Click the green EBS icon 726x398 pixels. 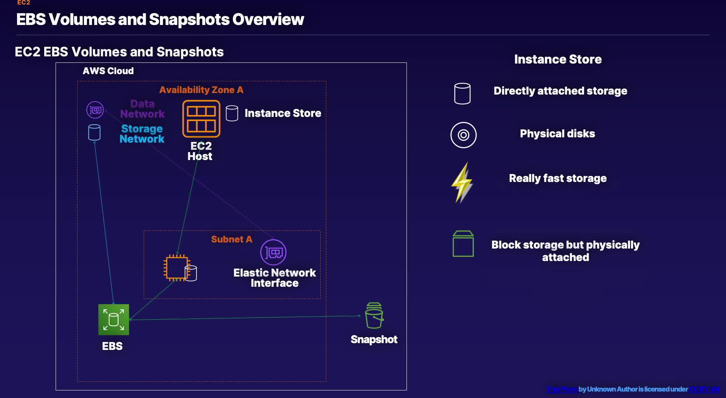113,320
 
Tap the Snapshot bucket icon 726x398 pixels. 374,316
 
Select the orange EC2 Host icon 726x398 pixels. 201,119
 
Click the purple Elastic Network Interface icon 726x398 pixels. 273,252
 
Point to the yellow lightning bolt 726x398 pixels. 462,182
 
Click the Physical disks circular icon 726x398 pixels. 463,135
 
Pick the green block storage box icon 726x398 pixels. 463,244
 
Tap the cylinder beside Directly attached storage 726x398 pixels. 462,93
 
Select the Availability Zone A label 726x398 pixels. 201,90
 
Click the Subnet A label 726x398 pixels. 231,239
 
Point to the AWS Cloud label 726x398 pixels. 108,71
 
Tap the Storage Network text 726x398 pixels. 142,134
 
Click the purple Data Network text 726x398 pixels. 142,109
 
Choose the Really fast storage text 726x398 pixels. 558,178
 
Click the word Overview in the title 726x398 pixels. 268,20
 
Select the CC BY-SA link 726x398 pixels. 704,389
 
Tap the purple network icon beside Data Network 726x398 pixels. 95,110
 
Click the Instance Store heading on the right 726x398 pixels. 558,59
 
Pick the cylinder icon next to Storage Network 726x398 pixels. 94,132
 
